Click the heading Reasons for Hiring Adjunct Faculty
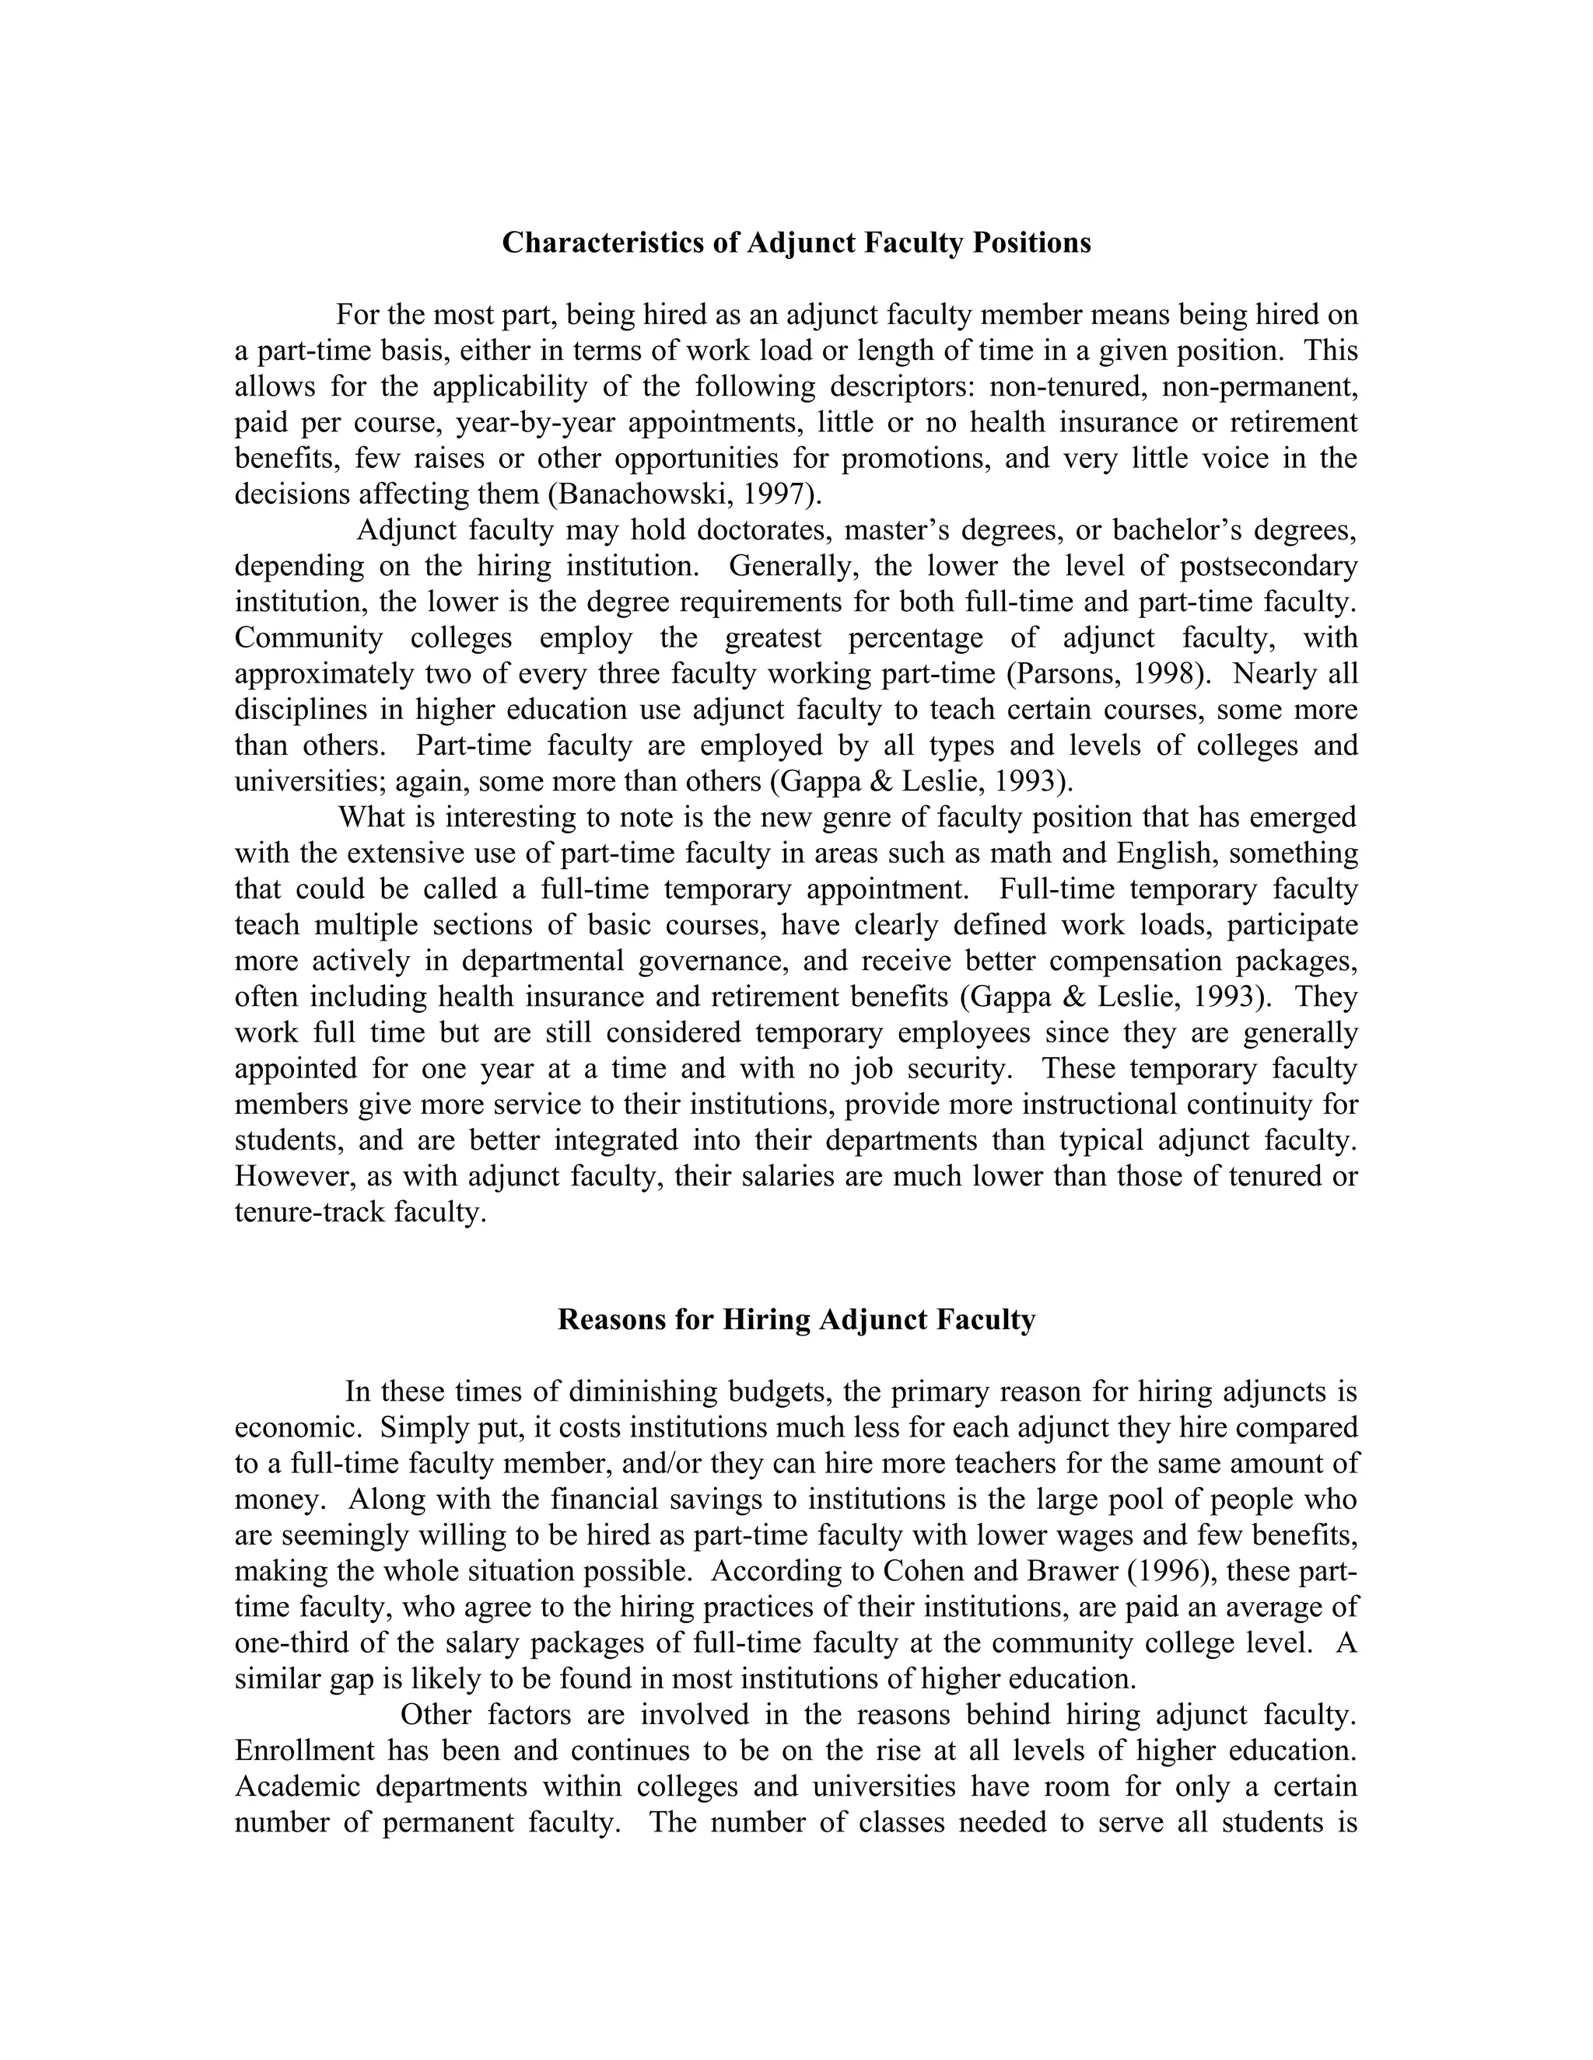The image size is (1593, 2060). pos(796,1320)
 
